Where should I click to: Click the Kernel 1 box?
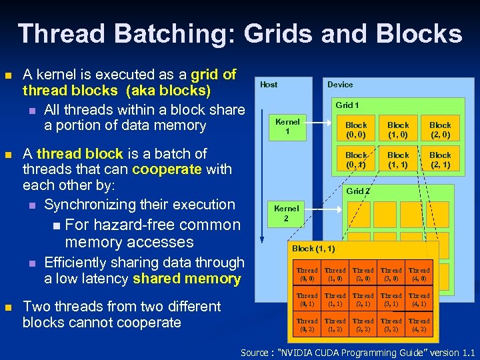click(x=287, y=126)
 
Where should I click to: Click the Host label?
click(x=269, y=85)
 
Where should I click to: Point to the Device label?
click(x=340, y=85)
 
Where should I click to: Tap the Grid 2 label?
click(x=357, y=191)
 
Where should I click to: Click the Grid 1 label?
click(x=347, y=105)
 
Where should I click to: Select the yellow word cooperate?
click(x=167, y=169)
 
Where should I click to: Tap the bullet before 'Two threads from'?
click(x=9, y=307)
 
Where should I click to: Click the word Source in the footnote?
click(x=254, y=352)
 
